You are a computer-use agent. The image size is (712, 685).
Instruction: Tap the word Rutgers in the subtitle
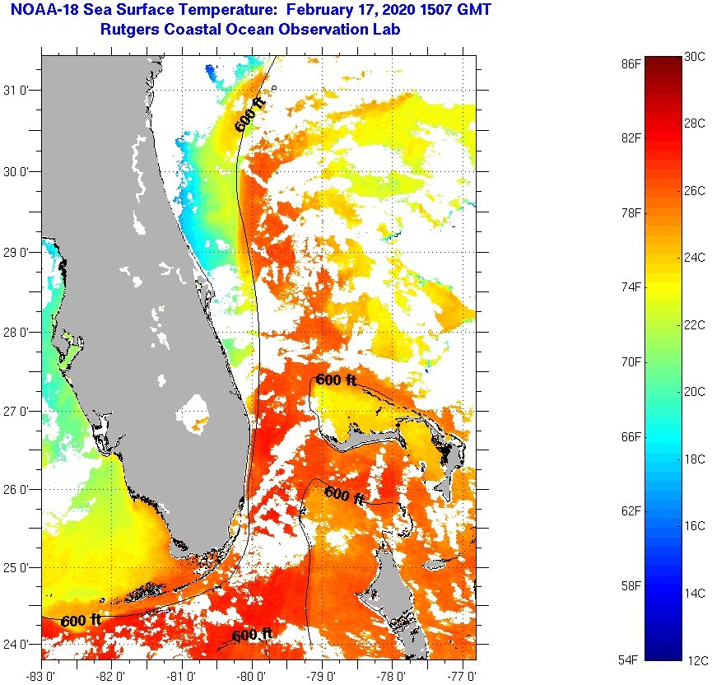click(131, 30)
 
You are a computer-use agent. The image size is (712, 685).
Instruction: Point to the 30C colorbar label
click(694, 56)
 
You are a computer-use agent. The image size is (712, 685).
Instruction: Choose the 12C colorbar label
click(694, 660)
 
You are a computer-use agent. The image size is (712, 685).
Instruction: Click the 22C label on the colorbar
click(694, 325)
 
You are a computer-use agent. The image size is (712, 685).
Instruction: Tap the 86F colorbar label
click(632, 63)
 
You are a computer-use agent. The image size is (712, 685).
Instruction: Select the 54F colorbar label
click(632, 660)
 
